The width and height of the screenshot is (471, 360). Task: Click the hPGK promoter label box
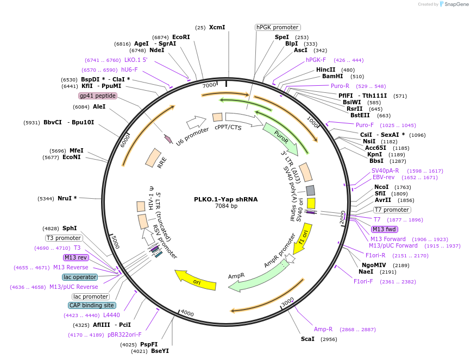point(278,27)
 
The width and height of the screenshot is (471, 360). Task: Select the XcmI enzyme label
point(217,27)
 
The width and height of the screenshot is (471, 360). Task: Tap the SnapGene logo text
point(456,4)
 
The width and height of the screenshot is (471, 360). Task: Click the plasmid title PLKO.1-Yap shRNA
point(226,199)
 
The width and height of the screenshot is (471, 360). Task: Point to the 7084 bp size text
point(226,206)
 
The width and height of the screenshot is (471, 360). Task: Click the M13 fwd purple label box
point(385,229)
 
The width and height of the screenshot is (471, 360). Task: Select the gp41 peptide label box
point(98,96)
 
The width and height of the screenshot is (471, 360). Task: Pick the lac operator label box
point(80,277)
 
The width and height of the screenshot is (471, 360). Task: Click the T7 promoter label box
point(392,210)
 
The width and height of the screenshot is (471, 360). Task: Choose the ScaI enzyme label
point(307,339)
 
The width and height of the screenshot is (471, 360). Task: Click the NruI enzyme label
point(67,198)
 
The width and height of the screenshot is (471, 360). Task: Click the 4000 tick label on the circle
point(187,313)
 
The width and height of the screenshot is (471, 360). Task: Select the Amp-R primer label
point(323,329)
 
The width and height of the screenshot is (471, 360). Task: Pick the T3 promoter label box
point(64,238)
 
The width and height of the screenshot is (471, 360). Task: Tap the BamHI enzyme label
point(332,77)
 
